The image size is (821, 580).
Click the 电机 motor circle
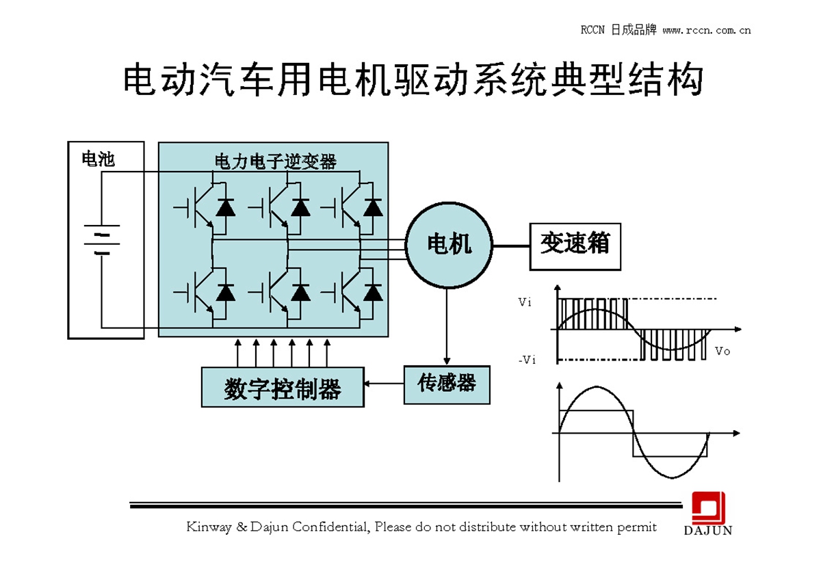[x=449, y=244]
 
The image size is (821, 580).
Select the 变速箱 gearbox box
[x=575, y=246]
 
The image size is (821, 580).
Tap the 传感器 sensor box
[x=447, y=384]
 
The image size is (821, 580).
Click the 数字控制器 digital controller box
[x=283, y=387]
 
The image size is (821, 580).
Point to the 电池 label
[x=98, y=159]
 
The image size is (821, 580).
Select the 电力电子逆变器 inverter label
[x=276, y=162]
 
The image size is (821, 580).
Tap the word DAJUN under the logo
[x=708, y=530]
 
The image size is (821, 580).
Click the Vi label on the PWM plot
[x=525, y=302]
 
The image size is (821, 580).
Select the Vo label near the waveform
[x=722, y=351]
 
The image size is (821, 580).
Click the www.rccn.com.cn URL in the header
[x=707, y=30]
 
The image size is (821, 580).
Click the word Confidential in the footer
[x=331, y=527]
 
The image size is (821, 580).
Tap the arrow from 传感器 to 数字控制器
[x=384, y=384]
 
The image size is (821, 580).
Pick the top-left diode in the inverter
[x=225, y=207]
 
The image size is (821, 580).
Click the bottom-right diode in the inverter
[x=373, y=293]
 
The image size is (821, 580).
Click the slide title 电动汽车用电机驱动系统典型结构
[x=413, y=81]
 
